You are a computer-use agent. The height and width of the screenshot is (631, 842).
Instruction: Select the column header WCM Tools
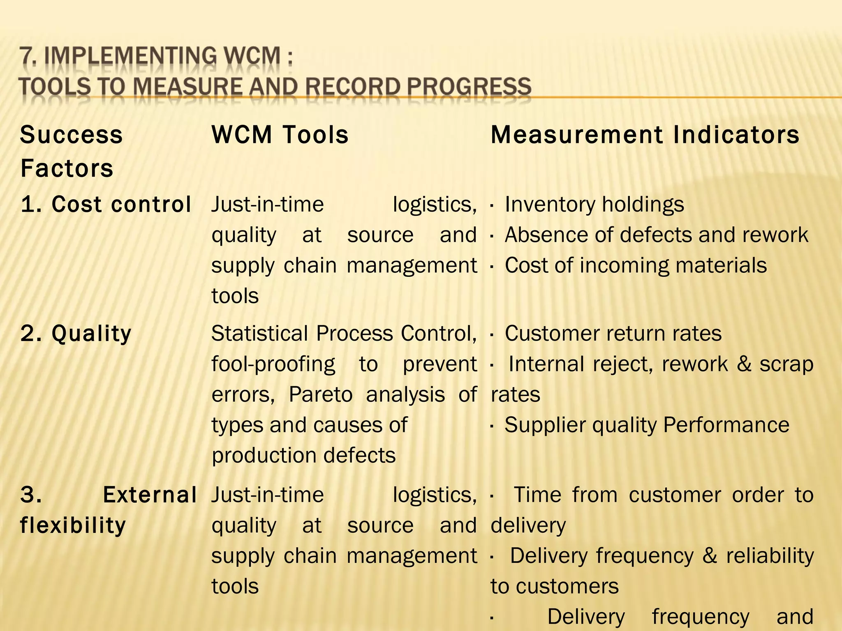point(280,135)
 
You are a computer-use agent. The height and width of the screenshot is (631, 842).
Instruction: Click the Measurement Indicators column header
point(645,135)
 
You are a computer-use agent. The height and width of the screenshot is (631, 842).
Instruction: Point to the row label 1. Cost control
point(106,204)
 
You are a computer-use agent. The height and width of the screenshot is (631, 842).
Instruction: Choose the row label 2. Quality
point(76,333)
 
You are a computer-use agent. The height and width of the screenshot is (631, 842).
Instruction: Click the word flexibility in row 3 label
point(73,525)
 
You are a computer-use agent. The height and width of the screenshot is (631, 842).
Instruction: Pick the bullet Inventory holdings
point(594,204)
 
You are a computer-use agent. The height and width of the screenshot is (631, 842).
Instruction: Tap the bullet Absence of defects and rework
point(656,235)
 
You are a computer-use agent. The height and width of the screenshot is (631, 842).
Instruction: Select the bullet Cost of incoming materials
point(636,265)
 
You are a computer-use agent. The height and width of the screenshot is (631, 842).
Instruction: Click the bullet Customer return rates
point(613,333)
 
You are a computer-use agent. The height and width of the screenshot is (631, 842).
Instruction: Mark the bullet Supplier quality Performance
point(647,425)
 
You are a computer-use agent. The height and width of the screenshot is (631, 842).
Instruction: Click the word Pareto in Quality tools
point(321,394)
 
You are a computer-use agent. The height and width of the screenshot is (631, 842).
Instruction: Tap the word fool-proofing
point(273,364)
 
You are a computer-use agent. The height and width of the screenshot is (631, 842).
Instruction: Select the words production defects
point(303,455)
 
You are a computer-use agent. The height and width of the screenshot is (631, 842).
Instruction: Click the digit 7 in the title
point(27,57)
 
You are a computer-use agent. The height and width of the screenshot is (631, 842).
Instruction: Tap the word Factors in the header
point(67,168)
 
